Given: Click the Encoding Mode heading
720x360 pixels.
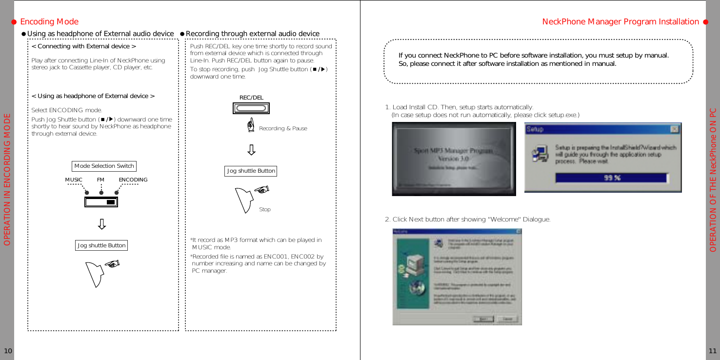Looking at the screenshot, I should tap(49, 21).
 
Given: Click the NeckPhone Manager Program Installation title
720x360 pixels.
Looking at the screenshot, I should tap(620, 21).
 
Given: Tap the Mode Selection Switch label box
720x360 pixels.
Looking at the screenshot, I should tap(104, 166).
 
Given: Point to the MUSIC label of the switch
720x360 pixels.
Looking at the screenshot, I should tap(74, 180).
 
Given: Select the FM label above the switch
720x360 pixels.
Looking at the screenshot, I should tap(100, 180).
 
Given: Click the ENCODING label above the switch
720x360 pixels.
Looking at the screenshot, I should tap(133, 180).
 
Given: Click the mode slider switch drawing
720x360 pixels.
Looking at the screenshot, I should tap(101, 201).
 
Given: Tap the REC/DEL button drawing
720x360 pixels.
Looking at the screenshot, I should tap(251, 108).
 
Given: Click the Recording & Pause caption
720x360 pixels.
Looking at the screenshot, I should tap(283, 128).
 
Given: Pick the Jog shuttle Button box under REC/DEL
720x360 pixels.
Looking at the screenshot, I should tap(251, 171).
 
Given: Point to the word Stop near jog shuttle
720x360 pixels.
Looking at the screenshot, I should tap(265, 209).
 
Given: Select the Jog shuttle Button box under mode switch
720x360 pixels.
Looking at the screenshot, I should tap(102, 245).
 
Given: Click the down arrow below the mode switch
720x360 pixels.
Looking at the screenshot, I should tap(102, 224).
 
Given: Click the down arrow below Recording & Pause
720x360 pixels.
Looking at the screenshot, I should tap(251, 149).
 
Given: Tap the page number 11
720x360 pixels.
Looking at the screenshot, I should tap(713, 351).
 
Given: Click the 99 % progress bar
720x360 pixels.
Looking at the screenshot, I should tap(612, 178).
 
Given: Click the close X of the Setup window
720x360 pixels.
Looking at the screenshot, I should tap(674, 129).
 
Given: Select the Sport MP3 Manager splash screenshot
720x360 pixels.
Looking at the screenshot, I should tap(454, 159).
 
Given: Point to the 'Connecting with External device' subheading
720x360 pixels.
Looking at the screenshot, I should tap(83, 47).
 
